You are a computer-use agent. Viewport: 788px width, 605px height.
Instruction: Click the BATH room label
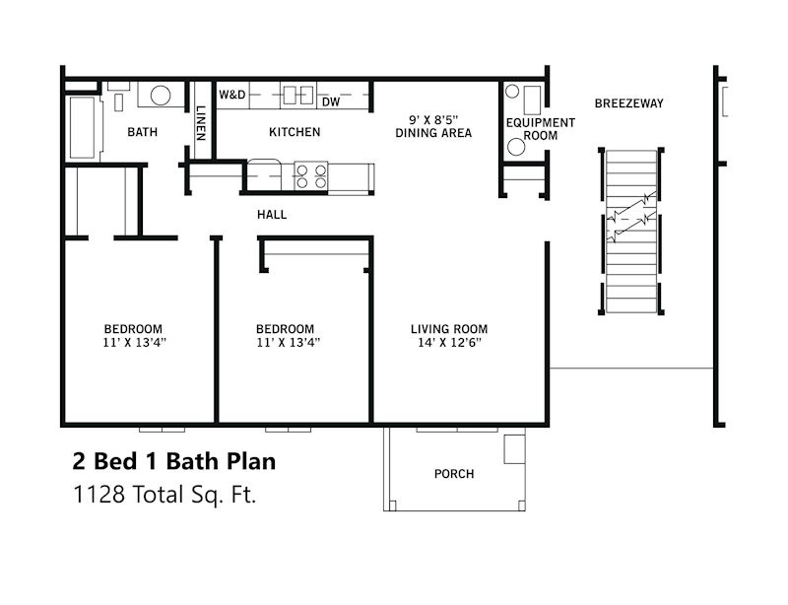coord(143,132)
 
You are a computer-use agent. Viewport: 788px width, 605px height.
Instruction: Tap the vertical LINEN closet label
coord(201,122)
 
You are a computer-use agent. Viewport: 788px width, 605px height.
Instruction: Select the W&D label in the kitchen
coord(232,96)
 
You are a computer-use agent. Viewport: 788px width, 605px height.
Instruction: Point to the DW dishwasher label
coord(331,101)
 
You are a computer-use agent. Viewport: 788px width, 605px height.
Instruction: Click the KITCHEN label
coord(295,132)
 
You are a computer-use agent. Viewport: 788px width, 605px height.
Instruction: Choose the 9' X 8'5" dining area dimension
coord(432,119)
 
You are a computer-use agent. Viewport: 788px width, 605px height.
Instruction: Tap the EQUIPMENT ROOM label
coord(540,129)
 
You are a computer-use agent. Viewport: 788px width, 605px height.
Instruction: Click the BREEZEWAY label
coord(628,103)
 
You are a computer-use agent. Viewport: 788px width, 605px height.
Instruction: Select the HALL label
coord(272,215)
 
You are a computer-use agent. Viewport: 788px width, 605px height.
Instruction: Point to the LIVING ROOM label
coord(449,329)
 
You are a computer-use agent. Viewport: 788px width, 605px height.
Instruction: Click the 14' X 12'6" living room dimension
coord(449,344)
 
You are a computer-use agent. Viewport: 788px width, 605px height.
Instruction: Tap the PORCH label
coord(453,474)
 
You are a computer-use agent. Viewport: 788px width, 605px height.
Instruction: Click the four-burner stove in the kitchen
coord(312,175)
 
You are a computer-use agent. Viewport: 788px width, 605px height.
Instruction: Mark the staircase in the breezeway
coord(630,232)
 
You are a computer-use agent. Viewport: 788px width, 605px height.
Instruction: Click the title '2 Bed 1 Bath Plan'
coord(173,461)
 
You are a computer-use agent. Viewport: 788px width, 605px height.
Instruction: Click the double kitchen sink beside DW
coord(297,96)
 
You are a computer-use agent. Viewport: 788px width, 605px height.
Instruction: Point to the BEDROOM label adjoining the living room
coord(285,329)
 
